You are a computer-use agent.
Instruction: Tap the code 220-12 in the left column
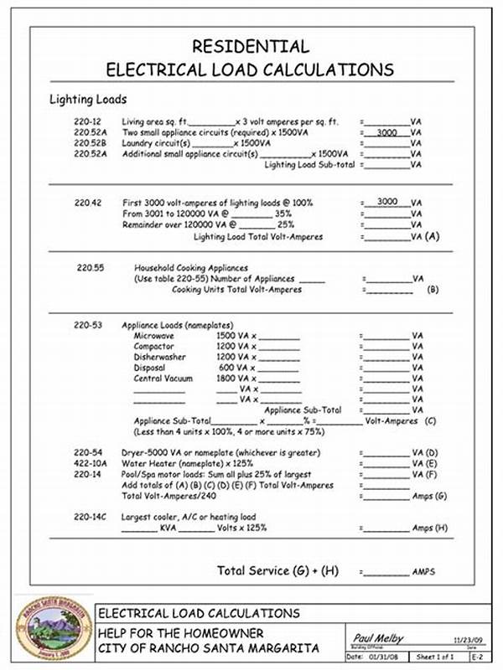tap(87, 121)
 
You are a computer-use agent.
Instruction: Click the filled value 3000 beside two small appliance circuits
tap(386, 132)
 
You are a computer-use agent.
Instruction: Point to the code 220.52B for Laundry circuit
tap(91, 143)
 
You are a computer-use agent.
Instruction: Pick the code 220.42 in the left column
tap(87, 202)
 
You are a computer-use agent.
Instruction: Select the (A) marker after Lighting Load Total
tap(433, 237)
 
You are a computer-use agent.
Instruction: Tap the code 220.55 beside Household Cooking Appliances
tap(90, 267)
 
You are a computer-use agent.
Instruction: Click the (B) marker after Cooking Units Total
tap(433, 290)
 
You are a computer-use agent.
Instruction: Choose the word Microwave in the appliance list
tap(154, 335)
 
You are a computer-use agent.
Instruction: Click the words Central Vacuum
tap(163, 378)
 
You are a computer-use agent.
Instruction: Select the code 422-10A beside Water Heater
tap(91, 462)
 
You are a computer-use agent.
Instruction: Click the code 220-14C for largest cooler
tap(91, 517)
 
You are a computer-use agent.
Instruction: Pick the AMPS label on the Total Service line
tap(423, 572)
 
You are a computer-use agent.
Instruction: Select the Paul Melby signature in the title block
tap(379, 638)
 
